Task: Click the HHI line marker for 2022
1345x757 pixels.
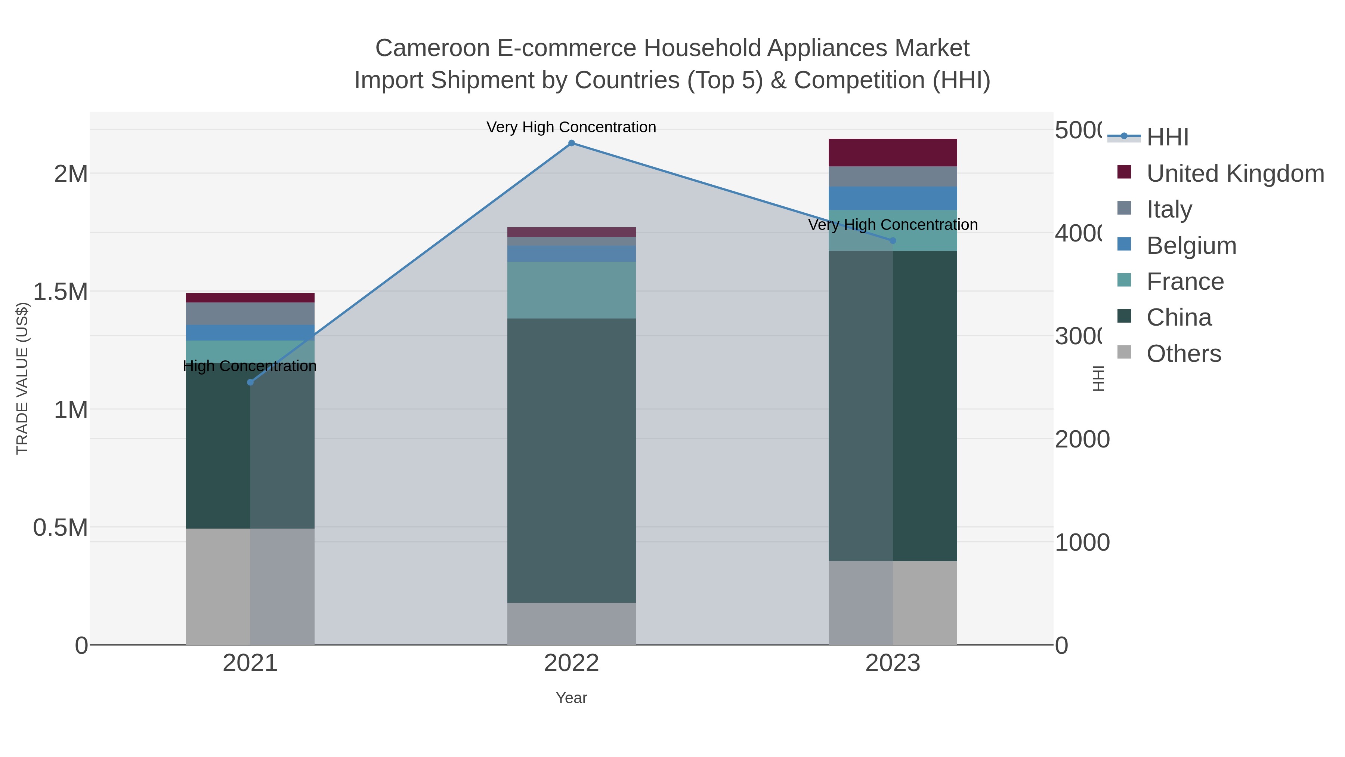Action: point(571,143)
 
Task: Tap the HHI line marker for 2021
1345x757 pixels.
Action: point(250,382)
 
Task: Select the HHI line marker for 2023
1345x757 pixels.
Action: point(892,241)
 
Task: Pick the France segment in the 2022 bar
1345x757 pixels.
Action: point(571,290)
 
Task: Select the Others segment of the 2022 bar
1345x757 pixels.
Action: point(571,624)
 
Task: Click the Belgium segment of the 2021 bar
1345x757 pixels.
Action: point(250,333)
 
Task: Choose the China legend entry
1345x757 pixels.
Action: point(1178,318)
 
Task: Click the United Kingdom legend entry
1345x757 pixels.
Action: point(1235,173)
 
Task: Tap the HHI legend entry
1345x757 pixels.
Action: point(1168,138)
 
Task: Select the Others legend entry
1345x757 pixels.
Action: point(1183,354)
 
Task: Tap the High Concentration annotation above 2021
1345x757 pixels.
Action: point(250,366)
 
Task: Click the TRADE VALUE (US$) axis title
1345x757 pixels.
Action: point(22,378)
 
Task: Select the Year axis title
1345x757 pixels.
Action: point(571,698)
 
